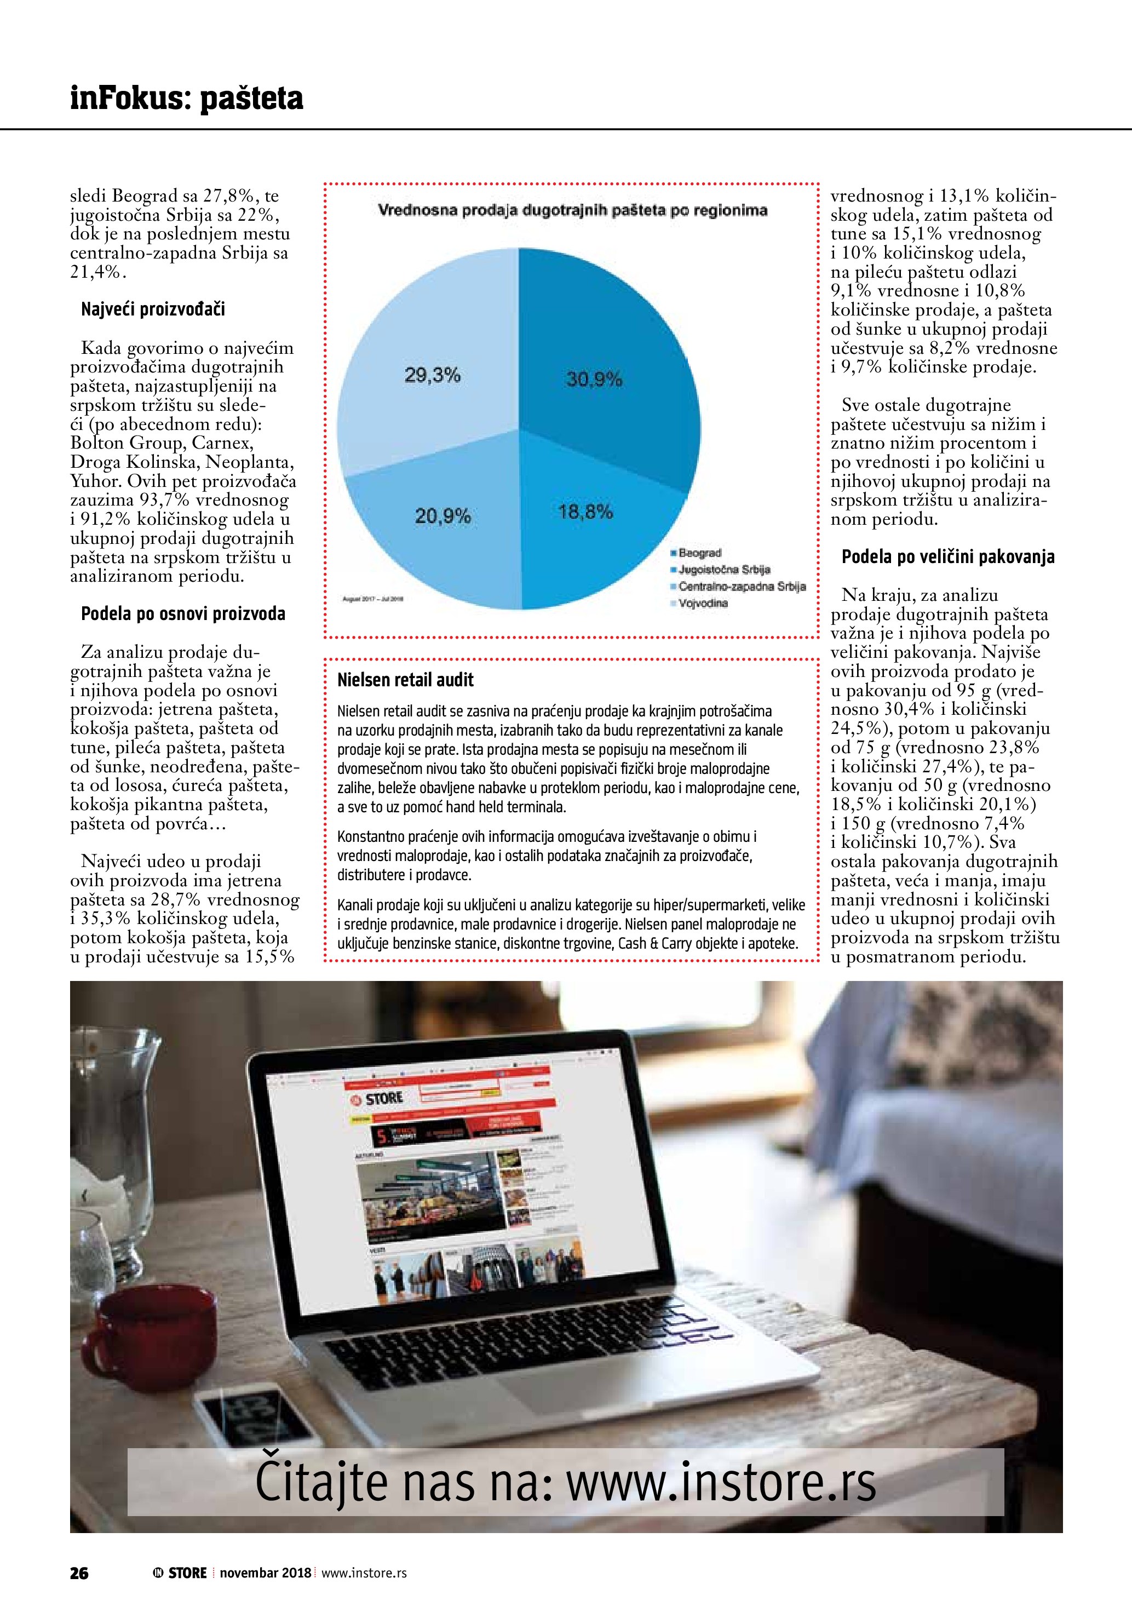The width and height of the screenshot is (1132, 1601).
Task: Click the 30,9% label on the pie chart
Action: (x=594, y=380)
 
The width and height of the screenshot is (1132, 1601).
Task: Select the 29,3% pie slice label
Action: (x=432, y=375)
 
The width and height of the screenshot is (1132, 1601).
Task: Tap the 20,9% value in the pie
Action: (x=443, y=516)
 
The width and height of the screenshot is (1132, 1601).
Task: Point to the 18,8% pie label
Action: (x=585, y=512)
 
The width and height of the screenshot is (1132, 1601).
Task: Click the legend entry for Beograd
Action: (x=699, y=553)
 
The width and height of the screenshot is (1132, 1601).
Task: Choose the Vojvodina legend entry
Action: (x=703, y=603)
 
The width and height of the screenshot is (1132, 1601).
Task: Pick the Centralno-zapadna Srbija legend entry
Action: (x=741, y=587)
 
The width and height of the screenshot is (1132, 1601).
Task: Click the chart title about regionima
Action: (x=572, y=210)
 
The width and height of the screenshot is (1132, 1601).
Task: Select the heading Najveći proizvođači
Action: (x=153, y=309)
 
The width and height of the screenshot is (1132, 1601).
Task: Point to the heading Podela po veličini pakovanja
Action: (x=947, y=556)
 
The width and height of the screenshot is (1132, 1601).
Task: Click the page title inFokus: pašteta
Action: (x=186, y=99)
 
